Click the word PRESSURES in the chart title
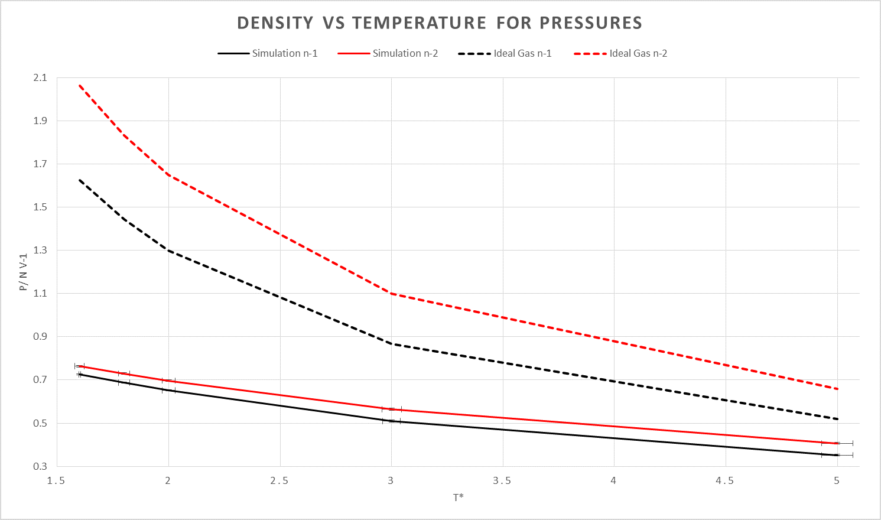pos(591,23)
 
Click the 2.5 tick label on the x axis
pos(279,481)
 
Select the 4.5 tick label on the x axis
pos(725,481)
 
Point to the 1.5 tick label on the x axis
pos(57,481)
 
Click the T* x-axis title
pos(458,498)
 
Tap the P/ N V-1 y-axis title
pos(24,272)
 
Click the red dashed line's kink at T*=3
pos(391,293)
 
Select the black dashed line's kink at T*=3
pos(391,343)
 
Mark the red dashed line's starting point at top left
pos(79,85)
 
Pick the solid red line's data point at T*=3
pos(391,409)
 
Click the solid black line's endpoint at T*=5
pos(837,455)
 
